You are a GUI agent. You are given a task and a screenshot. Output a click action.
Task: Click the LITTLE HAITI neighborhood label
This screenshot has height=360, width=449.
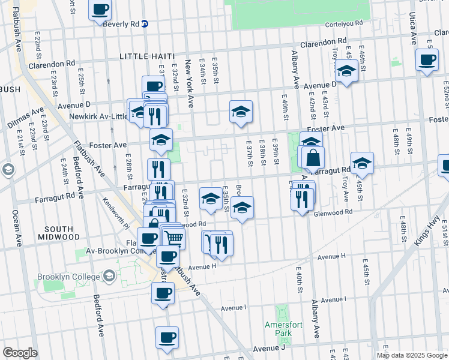pos(147,56)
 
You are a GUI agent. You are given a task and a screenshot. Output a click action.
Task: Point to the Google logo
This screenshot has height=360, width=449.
pos(19,353)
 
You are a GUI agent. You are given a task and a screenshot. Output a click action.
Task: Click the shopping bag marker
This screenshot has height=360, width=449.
pos(313,158)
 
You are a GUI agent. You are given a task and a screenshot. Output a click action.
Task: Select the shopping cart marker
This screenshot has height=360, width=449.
pos(173,238)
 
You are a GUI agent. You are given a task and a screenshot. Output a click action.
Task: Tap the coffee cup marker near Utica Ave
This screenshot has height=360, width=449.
pos(427,61)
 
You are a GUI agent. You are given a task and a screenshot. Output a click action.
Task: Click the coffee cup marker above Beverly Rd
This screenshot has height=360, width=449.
pos(100,10)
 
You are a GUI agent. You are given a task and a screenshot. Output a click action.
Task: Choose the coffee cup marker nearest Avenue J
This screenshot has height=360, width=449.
pos(167,337)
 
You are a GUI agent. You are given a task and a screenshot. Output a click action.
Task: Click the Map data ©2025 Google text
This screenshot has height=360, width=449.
pos(412,355)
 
